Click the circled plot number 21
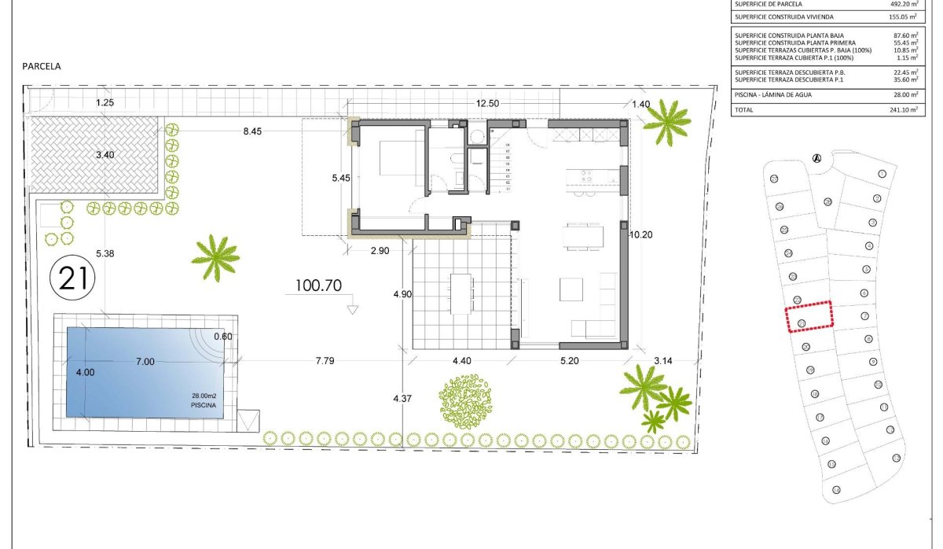point(73,278)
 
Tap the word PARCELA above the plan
point(42,67)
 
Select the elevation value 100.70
point(318,286)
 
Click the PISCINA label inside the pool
point(202,405)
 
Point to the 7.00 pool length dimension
point(145,361)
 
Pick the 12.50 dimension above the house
point(487,104)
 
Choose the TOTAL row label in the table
point(745,110)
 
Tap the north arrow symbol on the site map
point(816,158)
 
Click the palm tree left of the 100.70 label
point(215,256)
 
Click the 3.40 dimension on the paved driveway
point(105,155)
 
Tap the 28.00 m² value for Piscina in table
point(902,94)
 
